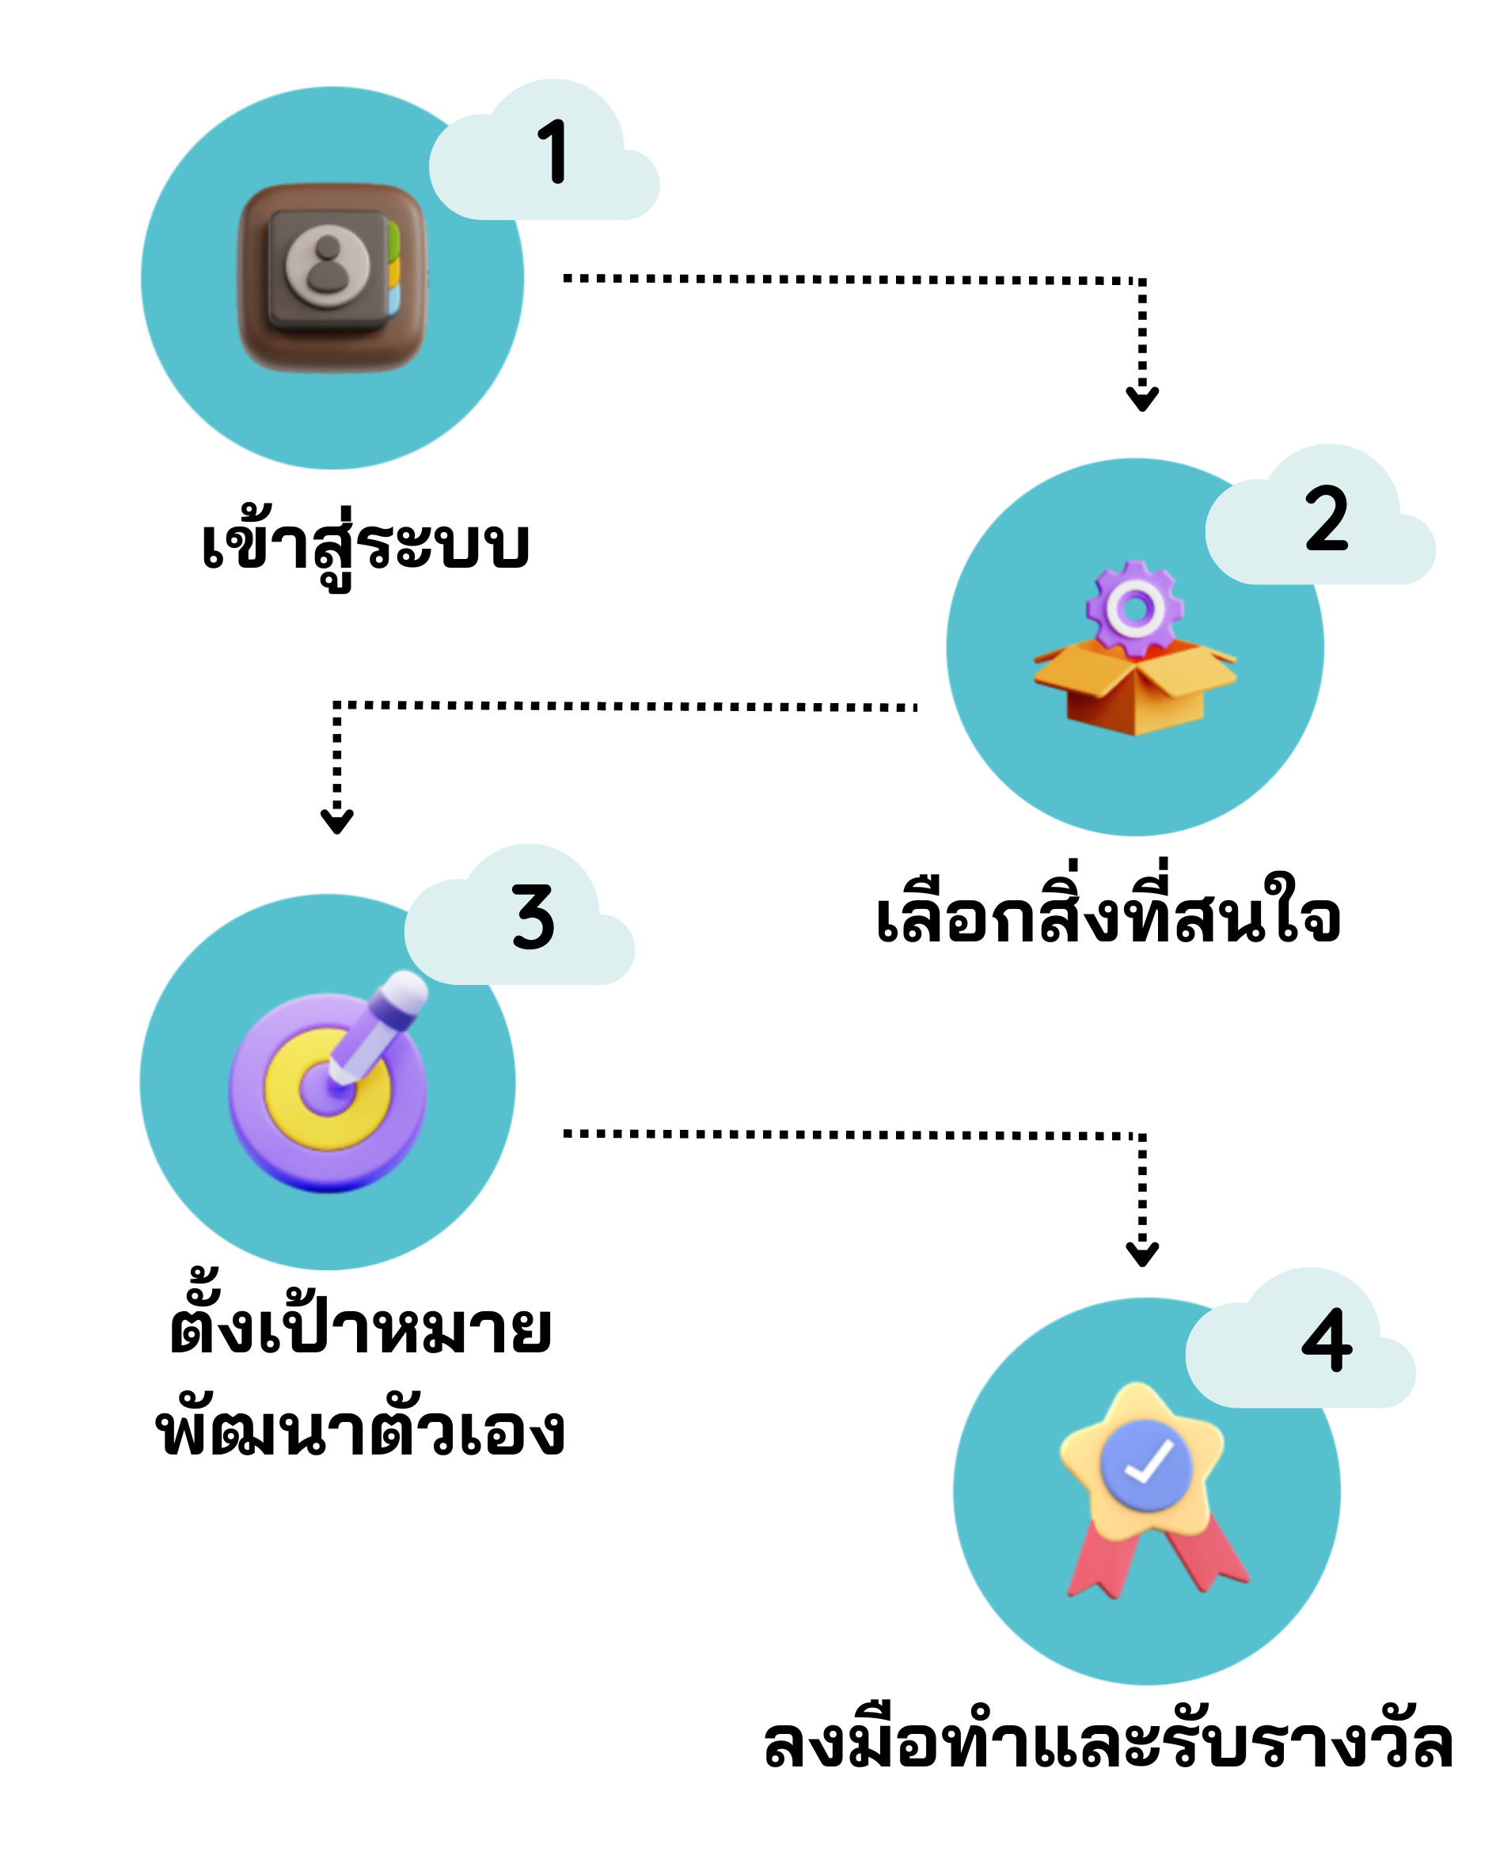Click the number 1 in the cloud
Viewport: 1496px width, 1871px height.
coord(552,151)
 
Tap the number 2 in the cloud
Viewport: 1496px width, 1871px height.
coord(1326,519)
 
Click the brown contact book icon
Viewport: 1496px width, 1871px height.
coord(332,278)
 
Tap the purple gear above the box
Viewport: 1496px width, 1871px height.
coord(1134,607)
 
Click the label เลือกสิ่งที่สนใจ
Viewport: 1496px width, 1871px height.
coord(1108,918)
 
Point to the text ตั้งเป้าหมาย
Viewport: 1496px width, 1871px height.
coord(360,1329)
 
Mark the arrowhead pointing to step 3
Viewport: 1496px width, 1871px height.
coord(336,822)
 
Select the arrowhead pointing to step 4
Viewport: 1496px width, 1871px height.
coord(1142,1255)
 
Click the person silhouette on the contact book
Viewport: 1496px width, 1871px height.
coord(328,263)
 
